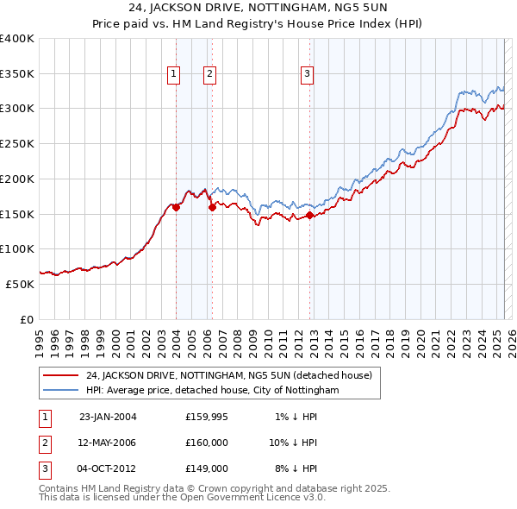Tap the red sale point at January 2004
176,207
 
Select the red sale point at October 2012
309,215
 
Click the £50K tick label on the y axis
20,283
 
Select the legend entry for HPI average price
213,391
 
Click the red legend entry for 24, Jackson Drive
228,375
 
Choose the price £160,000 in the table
206,443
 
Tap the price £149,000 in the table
206,468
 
